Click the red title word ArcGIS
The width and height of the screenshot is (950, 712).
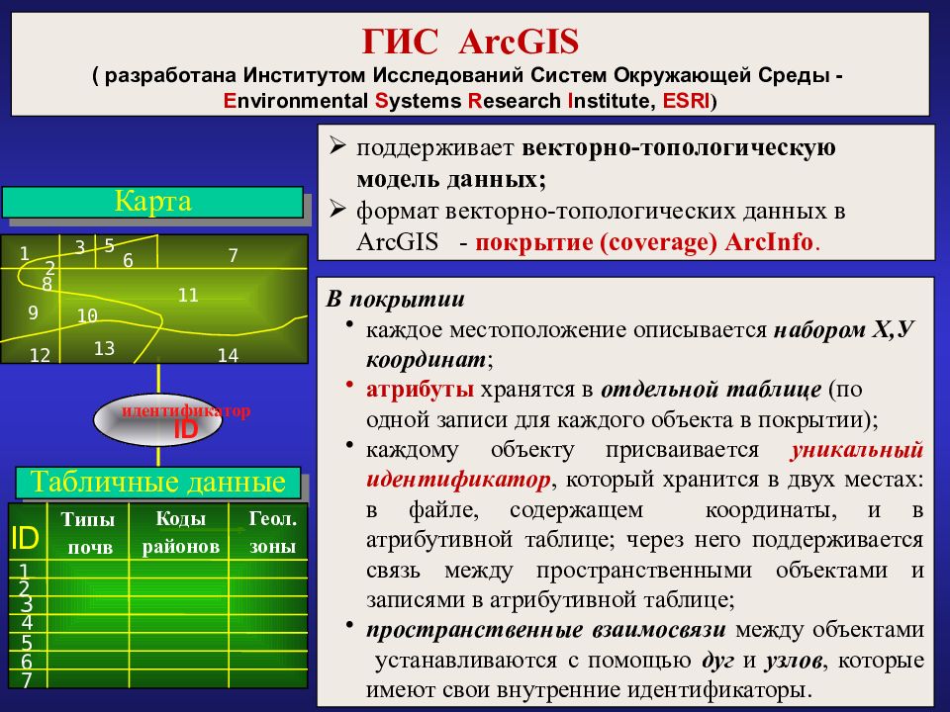[519, 42]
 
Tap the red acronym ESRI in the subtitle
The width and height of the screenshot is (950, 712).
[685, 101]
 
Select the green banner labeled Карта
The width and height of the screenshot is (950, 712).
[152, 202]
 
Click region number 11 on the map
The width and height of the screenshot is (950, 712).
[188, 295]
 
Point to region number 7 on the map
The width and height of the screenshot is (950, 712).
[233, 255]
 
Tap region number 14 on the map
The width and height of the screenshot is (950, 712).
[228, 355]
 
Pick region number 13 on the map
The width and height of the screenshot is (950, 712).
[104, 348]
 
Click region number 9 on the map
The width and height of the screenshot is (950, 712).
[34, 312]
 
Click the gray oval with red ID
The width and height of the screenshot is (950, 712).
[157, 419]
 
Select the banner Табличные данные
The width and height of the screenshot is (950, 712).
[158, 483]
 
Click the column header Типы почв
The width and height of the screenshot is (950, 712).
[88, 533]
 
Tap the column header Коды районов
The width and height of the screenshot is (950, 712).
[180, 533]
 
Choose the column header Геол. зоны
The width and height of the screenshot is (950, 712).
[273, 533]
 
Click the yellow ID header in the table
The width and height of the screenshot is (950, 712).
[25, 538]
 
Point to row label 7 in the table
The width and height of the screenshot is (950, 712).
[26, 680]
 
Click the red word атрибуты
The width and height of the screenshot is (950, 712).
[420, 389]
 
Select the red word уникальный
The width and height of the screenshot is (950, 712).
[857, 449]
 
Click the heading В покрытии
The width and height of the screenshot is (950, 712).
[396, 299]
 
